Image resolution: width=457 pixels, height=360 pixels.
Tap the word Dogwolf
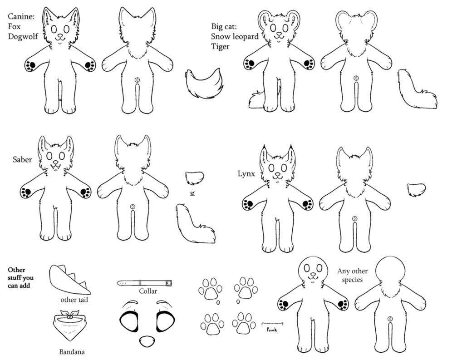[x=23, y=37]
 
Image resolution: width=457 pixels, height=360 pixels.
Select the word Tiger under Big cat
[x=220, y=47]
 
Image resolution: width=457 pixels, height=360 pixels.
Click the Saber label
[x=22, y=159]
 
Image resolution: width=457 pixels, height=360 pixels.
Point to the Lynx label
[x=246, y=174]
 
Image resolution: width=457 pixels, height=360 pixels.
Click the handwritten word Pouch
[x=272, y=330]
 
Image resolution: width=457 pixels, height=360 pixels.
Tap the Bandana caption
[x=72, y=352]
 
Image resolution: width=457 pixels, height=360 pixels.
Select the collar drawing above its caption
[x=145, y=283]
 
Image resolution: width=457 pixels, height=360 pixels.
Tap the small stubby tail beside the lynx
[x=416, y=189]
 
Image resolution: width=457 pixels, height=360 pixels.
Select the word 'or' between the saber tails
[x=192, y=193]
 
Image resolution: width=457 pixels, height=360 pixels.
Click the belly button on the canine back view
[x=137, y=79]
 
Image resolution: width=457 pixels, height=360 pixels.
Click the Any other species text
[x=352, y=276]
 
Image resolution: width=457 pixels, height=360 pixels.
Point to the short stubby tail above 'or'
[x=194, y=178]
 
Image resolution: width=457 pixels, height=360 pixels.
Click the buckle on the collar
[x=168, y=283]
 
